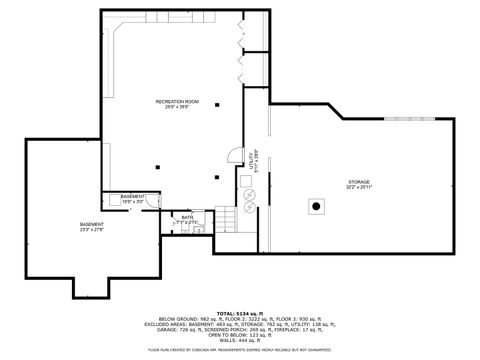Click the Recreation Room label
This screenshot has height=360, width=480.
point(178,103)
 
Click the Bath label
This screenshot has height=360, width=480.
point(187,218)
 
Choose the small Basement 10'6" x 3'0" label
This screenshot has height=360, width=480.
point(133,198)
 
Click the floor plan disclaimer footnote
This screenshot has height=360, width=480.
point(239,350)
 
